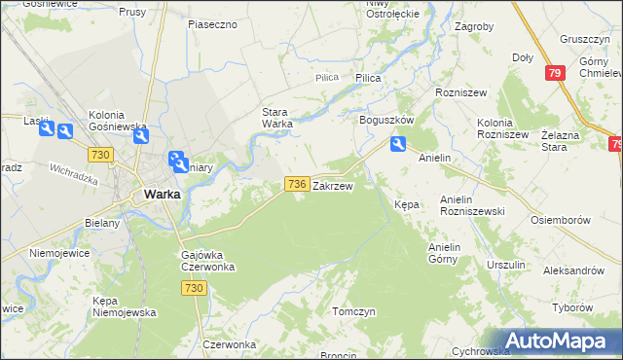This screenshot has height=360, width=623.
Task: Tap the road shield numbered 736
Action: coord(297,184)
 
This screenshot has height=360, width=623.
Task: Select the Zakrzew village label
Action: coord(332,185)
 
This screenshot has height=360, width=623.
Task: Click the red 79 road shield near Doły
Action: coord(555,73)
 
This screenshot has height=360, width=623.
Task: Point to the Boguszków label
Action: coord(387,120)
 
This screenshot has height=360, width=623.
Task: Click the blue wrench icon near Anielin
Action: coord(398,145)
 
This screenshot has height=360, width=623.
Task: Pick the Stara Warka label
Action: coord(277,117)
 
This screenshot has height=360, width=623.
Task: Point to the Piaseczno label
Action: coord(213,23)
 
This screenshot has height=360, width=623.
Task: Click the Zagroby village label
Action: coord(474,27)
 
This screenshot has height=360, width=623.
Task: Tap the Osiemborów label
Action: coord(561,220)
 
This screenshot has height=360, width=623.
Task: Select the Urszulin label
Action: coord(505,265)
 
